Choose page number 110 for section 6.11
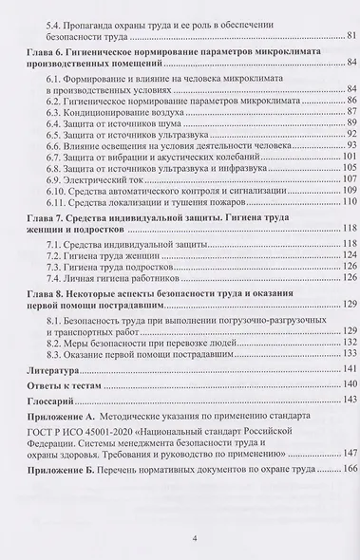347,201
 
